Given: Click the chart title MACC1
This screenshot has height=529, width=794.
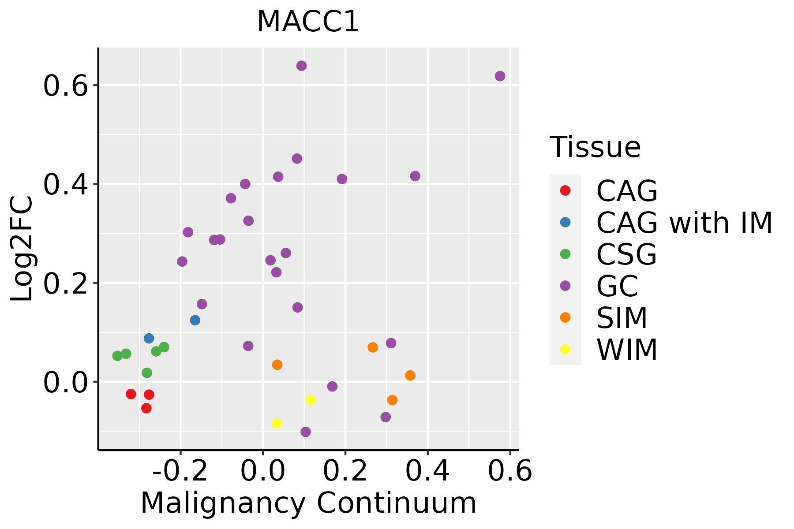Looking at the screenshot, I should [x=308, y=22].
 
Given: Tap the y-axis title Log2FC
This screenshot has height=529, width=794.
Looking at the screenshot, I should [x=22, y=249].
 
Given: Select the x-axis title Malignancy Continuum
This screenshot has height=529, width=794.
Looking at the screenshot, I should [x=308, y=503].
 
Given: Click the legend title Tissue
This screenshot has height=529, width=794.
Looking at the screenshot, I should [x=595, y=147].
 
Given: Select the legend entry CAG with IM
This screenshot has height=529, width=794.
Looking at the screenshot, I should [x=684, y=223].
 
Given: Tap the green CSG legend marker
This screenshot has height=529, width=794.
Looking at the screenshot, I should [x=565, y=254].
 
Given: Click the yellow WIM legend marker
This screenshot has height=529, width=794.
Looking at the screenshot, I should [x=565, y=349].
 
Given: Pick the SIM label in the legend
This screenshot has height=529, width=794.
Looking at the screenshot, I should [x=622, y=318].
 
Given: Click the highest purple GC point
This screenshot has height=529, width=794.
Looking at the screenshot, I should [x=302, y=66].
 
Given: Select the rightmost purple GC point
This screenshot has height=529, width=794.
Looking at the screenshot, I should [x=500, y=76].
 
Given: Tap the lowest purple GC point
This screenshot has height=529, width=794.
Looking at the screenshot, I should [x=306, y=432].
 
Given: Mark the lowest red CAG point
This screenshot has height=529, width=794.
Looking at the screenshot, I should [x=146, y=409].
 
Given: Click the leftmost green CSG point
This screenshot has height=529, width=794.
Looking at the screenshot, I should [x=117, y=356].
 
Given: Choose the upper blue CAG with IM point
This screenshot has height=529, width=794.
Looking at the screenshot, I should [x=149, y=339].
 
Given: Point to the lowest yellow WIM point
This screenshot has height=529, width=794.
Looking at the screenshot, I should [x=277, y=423].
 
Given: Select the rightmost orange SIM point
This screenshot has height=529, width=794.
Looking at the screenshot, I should [x=410, y=376].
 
